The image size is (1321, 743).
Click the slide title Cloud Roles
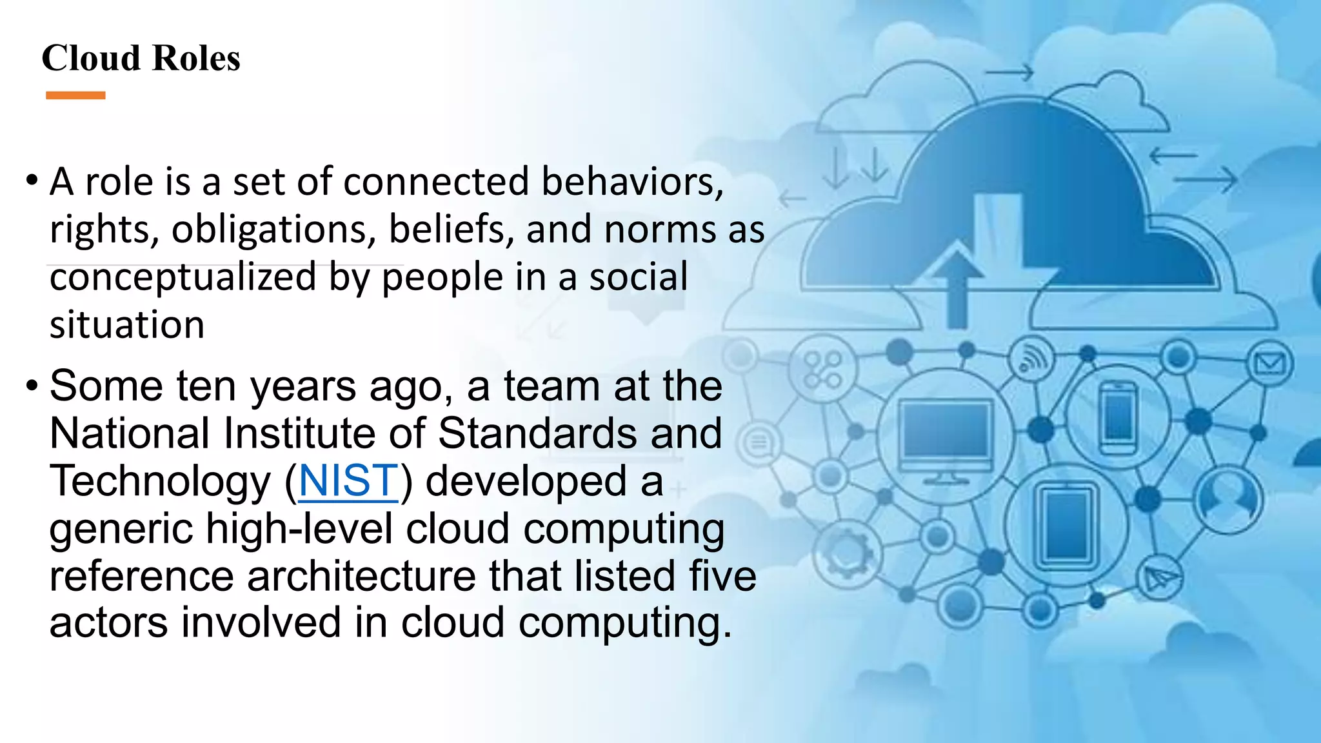coord(141,58)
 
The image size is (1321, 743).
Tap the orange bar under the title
coord(75,95)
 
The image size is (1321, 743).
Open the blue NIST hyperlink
coord(348,480)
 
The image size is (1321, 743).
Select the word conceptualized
coord(183,277)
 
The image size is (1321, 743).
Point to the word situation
coord(127,324)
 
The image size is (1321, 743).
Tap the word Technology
coord(161,481)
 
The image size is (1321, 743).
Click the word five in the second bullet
coord(722,576)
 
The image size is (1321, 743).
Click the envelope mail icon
coord(1269,364)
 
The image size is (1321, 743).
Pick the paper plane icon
coord(1159,577)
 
